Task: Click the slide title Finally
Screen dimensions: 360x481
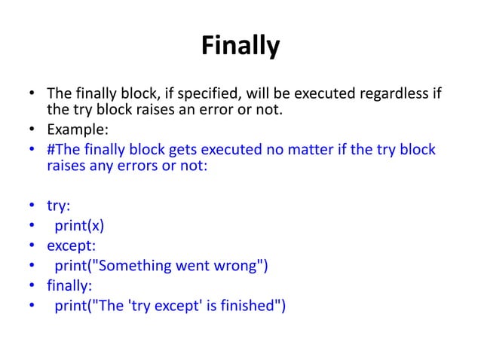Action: tap(240, 47)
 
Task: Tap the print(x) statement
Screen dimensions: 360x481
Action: tap(78, 224)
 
